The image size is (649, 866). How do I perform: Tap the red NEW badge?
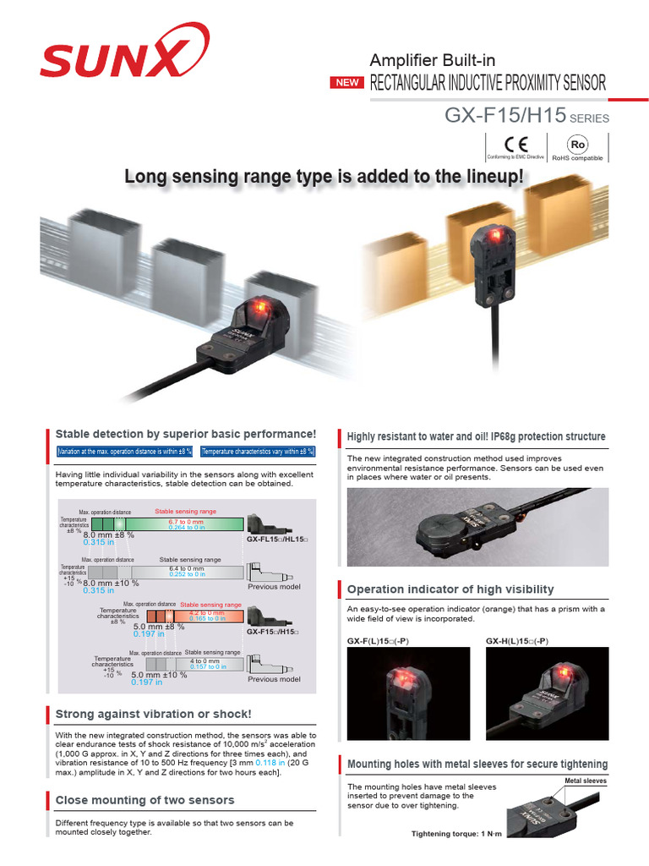click(348, 83)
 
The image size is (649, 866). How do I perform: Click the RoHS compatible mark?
click(578, 146)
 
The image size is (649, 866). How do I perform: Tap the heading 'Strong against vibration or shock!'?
click(153, 714)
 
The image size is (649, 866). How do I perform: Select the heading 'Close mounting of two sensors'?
click(145, 799)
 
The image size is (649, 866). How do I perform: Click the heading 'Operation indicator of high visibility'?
click(450, 589)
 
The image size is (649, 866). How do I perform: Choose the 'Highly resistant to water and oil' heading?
click(476, 436)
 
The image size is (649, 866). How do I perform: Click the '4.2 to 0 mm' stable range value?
click(206, 612)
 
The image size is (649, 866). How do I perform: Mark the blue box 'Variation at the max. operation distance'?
click(125, 452)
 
